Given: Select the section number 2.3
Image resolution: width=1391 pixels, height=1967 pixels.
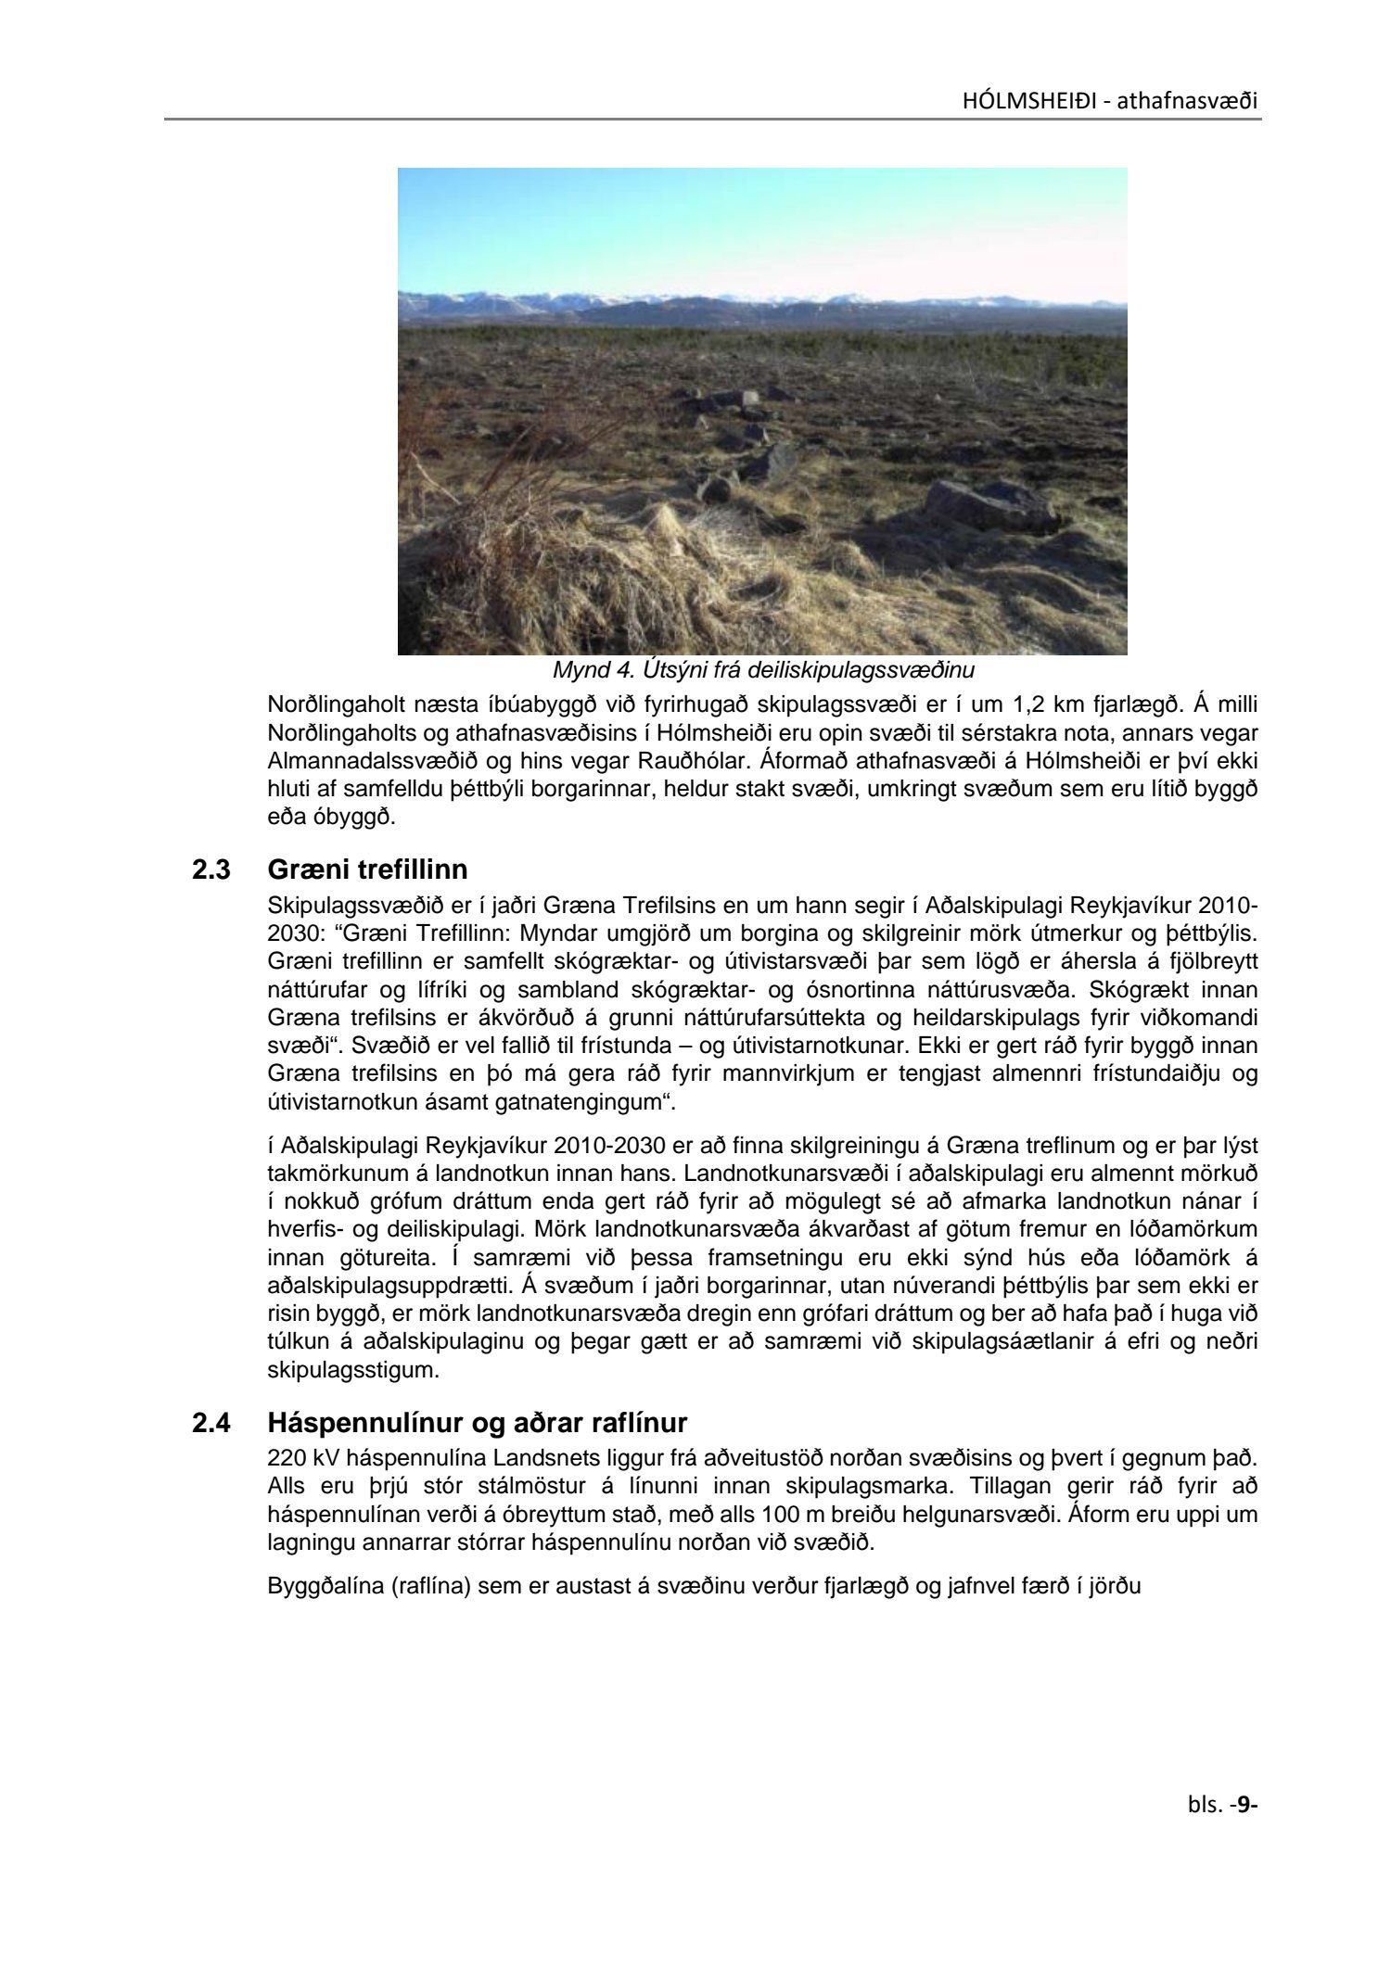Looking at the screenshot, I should coord(211,870).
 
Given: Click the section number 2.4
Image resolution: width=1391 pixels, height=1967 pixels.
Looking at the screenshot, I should coord(211,1422).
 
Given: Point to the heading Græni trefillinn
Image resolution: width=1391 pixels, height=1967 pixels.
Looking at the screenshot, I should coord(367,870).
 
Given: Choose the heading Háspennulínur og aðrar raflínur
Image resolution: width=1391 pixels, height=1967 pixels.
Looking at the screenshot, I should coord(477,1422).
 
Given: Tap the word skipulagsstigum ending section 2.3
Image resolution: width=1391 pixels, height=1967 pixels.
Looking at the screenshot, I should coord(352,1370).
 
